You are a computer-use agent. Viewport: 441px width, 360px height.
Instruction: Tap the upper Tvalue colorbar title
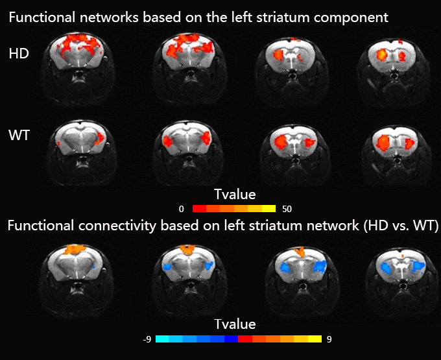(234, 194)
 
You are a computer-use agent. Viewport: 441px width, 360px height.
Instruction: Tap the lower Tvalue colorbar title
(234, 324)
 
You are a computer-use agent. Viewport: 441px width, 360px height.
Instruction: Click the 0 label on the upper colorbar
(182, 209)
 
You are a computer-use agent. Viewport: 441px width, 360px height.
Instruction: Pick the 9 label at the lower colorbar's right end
(330, 339)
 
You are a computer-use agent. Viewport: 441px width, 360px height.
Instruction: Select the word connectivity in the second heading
(117, 226)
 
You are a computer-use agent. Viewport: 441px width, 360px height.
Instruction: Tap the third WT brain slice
(290, 147)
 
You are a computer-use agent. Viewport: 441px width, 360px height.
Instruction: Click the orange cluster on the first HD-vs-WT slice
(75, 248)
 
